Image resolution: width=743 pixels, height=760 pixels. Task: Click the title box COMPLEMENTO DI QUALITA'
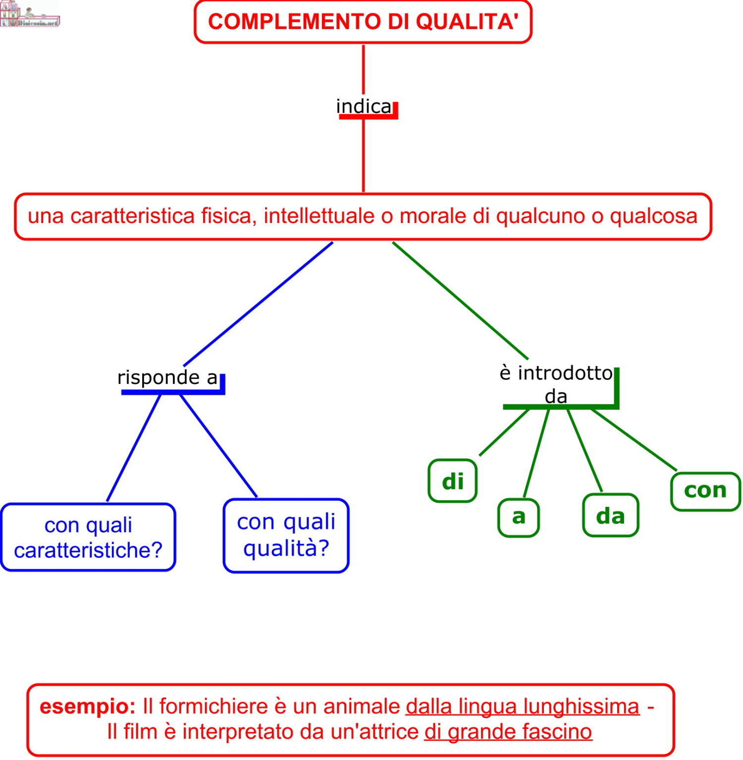point(363,22)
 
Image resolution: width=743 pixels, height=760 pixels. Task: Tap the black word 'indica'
point(364,107)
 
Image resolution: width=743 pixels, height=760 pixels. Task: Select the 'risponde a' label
point(167,378)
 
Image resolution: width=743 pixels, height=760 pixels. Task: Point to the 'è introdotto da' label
point(556,384)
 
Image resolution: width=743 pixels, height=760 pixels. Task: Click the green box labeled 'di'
point(453,481)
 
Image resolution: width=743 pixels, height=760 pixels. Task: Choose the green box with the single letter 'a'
point(519,517)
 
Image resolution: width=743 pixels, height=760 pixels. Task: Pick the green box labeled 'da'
point(610,516)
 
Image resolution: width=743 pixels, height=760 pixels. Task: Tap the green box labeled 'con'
point(705,490)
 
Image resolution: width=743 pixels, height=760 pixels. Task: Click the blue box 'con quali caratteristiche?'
point(88,538)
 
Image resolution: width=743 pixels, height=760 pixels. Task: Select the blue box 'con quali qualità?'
point(286,536)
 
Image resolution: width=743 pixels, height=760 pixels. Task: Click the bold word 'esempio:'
point(87,706)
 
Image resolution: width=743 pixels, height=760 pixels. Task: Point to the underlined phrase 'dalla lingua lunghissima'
point(523,706)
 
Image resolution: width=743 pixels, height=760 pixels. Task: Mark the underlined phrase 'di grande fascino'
point(508,732)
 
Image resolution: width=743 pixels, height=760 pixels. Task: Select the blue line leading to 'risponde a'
point(258,304)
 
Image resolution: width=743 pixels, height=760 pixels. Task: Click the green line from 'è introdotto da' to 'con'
point(633,439)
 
